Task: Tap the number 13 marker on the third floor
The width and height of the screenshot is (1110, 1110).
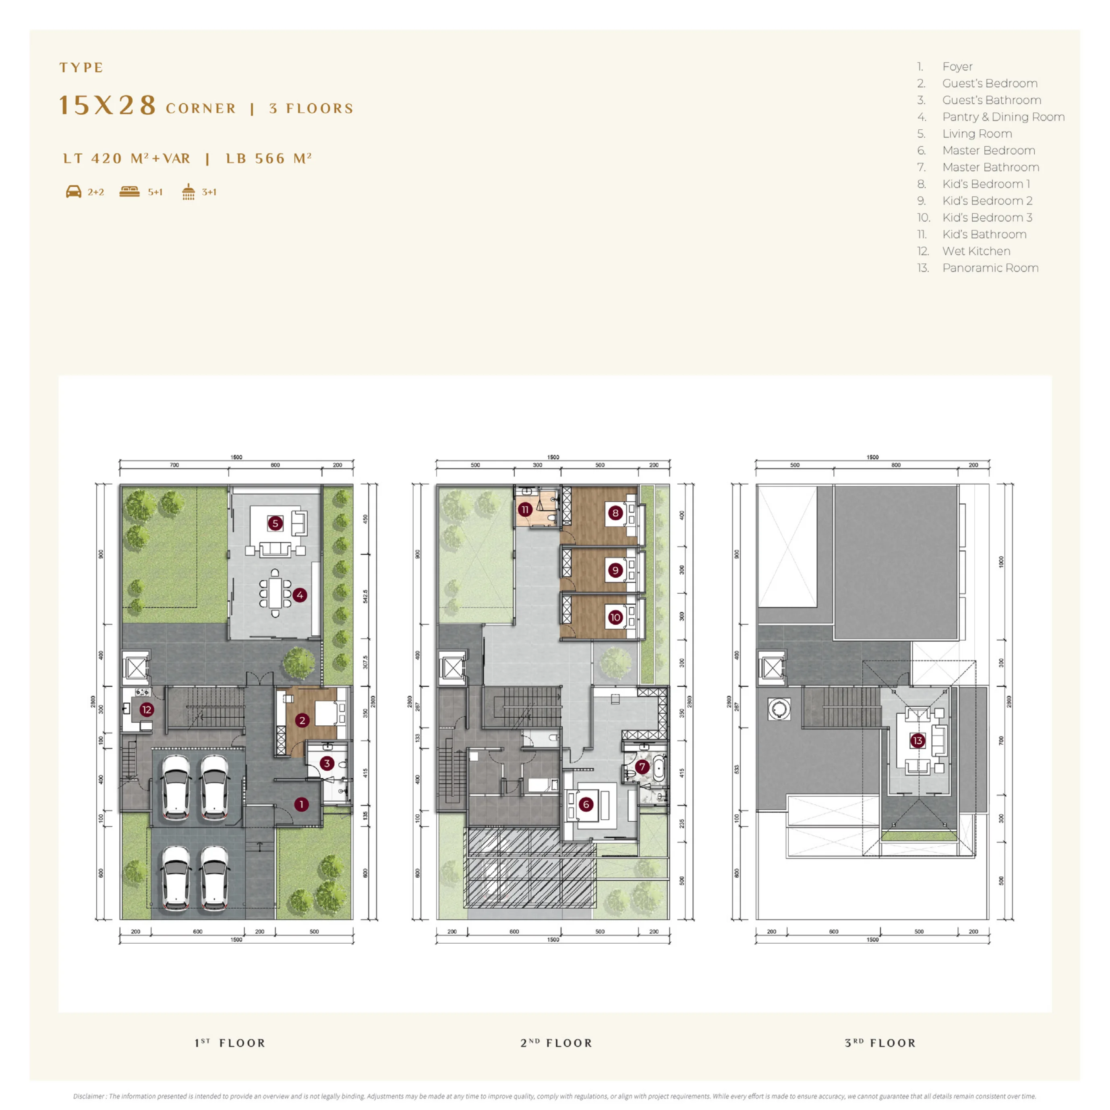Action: pyautogui.click(x=917, y=741)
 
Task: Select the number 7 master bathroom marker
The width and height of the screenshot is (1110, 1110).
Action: pyautogui.click(x=642, y=767)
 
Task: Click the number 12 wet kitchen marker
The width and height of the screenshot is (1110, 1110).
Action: pyautogui.click(x=147, y=710)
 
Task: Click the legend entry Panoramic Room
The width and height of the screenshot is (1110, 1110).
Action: pyautogui.click(x=990, y=268)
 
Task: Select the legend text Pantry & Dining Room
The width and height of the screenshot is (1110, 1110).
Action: pyautogui.click(x=1003, y=117)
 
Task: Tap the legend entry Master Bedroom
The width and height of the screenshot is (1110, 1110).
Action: pyautogui.click(x=988, y=151)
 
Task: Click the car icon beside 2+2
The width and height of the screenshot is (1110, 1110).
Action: pyautogui.click(x=74, y=192)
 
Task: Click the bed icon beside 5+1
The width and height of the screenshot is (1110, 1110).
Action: pyautogui.click(x=129, y=192)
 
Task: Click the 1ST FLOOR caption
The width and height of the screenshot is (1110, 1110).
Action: pyautogui.click(x=230, y=1043)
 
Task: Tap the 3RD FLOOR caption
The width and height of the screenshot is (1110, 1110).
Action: pyautogui.click(x=880, y=1043)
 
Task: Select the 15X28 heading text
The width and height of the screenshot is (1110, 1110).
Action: pyautogui.click(x=108, y=106)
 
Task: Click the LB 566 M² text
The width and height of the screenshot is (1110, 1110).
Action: pyautogui.click(x=268, y=159)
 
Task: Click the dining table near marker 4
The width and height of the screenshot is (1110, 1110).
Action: pyautogui.click(x=275, y=593)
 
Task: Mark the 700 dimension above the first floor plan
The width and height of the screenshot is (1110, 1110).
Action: pyautogui.click(x=174, y=465)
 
